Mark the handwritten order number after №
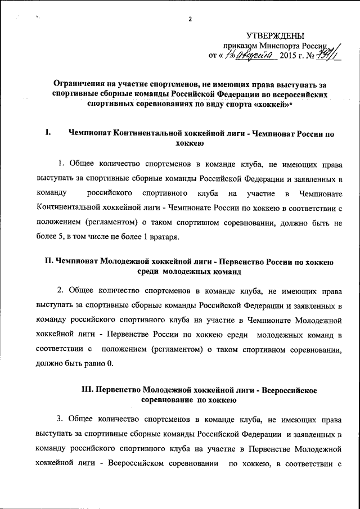click(x=331, y=55)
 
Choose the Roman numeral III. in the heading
click(x=91, y=390)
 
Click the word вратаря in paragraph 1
click(x=163, y=236)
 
